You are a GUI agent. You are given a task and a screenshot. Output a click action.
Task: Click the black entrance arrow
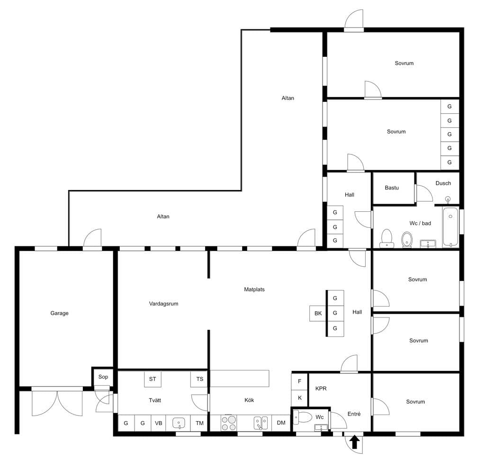(355, 442)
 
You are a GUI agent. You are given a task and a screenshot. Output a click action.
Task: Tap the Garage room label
(59, 313)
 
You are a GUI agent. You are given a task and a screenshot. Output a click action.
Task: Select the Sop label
(103, 377)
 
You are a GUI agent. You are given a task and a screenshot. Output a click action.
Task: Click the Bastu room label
(392, 188)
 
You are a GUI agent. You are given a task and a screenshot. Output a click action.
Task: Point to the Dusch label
(443, 183)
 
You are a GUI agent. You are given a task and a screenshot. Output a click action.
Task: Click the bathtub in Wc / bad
(450, 227)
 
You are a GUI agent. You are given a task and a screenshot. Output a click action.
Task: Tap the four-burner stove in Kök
(229, 423)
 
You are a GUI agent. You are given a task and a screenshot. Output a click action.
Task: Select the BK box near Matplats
(318, 314)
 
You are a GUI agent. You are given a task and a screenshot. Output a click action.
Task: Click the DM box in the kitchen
(281, 423)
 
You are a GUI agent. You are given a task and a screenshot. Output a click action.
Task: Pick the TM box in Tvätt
(199, 423)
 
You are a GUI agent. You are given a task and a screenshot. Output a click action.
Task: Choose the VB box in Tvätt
(158, 423)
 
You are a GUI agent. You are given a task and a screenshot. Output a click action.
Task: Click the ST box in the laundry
(153, 379)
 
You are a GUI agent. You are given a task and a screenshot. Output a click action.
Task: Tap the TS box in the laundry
(199, 379)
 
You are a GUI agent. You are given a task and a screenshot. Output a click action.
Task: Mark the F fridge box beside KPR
(299, 381)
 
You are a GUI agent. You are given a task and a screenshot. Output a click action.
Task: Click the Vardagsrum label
(163, 304)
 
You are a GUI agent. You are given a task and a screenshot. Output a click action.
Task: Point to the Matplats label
(254, 289)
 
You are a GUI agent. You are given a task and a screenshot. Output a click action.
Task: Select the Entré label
(354, 414)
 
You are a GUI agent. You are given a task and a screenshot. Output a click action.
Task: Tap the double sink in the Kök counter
(261, 423)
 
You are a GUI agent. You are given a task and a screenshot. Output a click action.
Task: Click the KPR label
(321, 389)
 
